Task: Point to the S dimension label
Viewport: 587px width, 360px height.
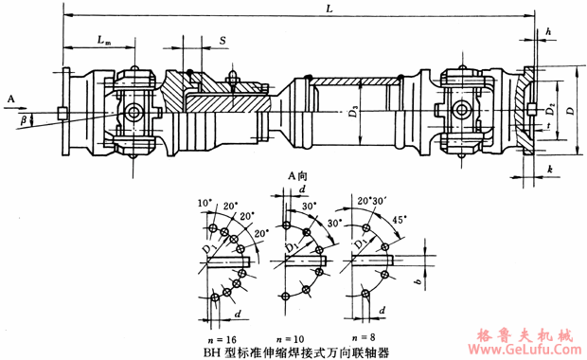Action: click(x=222, y=41)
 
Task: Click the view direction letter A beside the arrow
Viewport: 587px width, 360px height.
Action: click(x=9, y=98)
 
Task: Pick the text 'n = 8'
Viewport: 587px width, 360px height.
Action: click(x=365, y=337)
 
